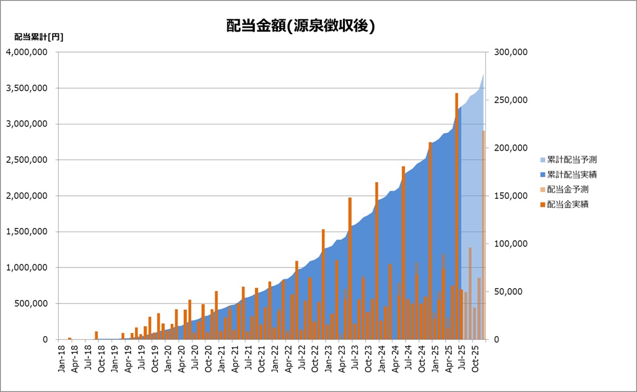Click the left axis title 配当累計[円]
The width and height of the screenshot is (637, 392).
pos(38,37)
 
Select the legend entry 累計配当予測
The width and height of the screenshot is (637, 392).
pos(571,159)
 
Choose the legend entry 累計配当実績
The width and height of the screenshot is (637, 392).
pos(571,174)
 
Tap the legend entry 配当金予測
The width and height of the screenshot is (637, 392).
pos(567,189)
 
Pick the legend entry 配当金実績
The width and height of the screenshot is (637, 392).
pos(567,204)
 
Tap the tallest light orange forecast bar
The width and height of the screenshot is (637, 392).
pos(483,235)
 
